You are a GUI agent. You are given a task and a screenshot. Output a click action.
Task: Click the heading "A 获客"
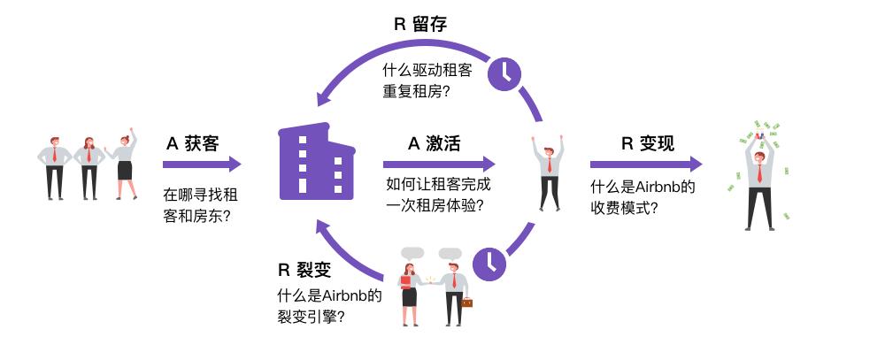192,143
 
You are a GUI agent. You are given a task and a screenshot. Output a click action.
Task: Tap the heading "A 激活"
434,143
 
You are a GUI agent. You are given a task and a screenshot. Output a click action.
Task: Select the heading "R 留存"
420,24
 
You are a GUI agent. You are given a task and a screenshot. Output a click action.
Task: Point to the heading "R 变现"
648,143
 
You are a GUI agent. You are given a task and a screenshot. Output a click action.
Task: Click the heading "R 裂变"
305,271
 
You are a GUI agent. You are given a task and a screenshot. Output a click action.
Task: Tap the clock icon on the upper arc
505,73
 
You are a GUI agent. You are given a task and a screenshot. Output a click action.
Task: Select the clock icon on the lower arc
489,262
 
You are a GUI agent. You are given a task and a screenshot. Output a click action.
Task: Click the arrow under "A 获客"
202,165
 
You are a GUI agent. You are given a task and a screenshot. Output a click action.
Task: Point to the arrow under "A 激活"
439,165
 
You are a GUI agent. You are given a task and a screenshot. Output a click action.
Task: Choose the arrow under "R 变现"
646,165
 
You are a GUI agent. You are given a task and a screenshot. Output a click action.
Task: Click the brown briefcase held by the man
466,303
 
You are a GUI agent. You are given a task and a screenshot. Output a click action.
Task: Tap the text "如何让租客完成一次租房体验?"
439,195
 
